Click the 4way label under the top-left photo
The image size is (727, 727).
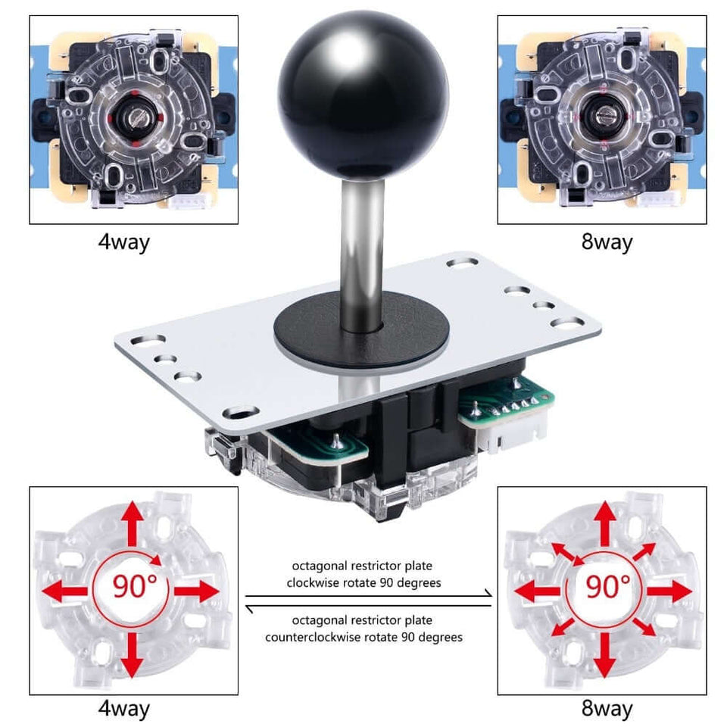(x=123, y=242)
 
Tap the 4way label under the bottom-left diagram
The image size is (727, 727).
(x=123, y=709)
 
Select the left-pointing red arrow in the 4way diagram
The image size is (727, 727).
(x=64, y=590)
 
